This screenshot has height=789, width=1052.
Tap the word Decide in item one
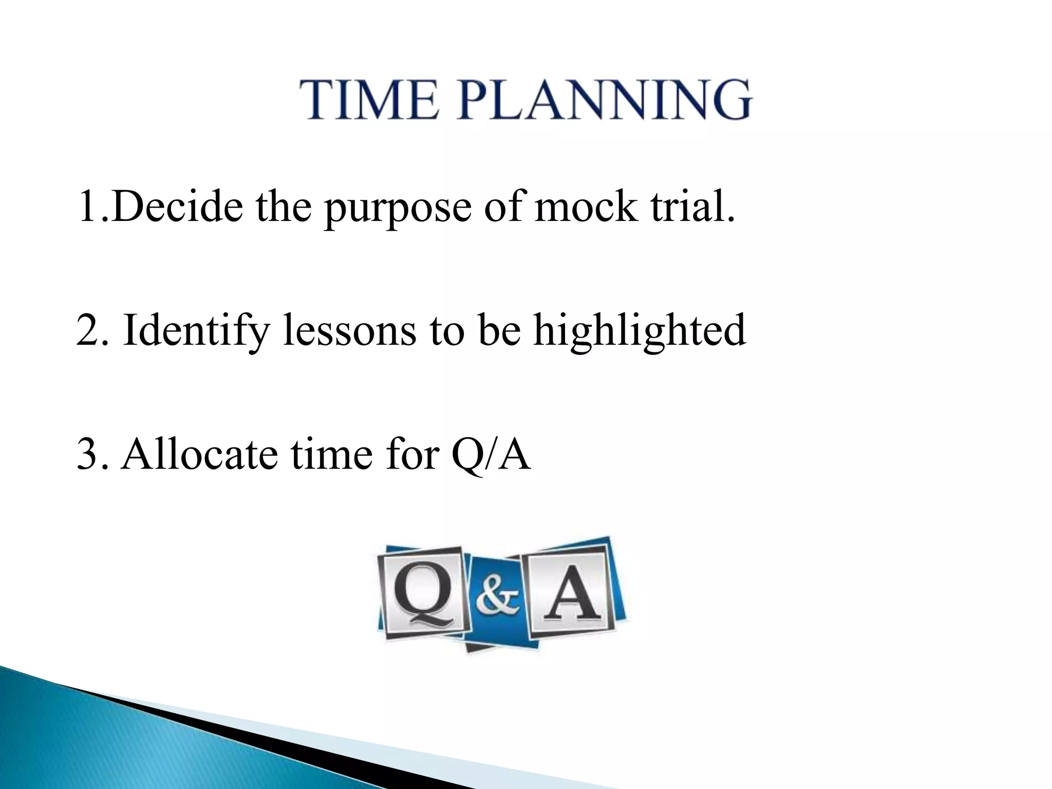(x=177, y=207)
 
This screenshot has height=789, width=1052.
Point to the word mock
(x=585, y=207)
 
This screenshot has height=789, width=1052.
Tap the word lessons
(x=349, y=331)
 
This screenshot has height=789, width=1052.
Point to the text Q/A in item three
(x=491, y=455)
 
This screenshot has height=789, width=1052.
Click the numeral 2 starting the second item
(x=86, y=331)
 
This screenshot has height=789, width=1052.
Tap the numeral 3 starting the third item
(x=86, y=455)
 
